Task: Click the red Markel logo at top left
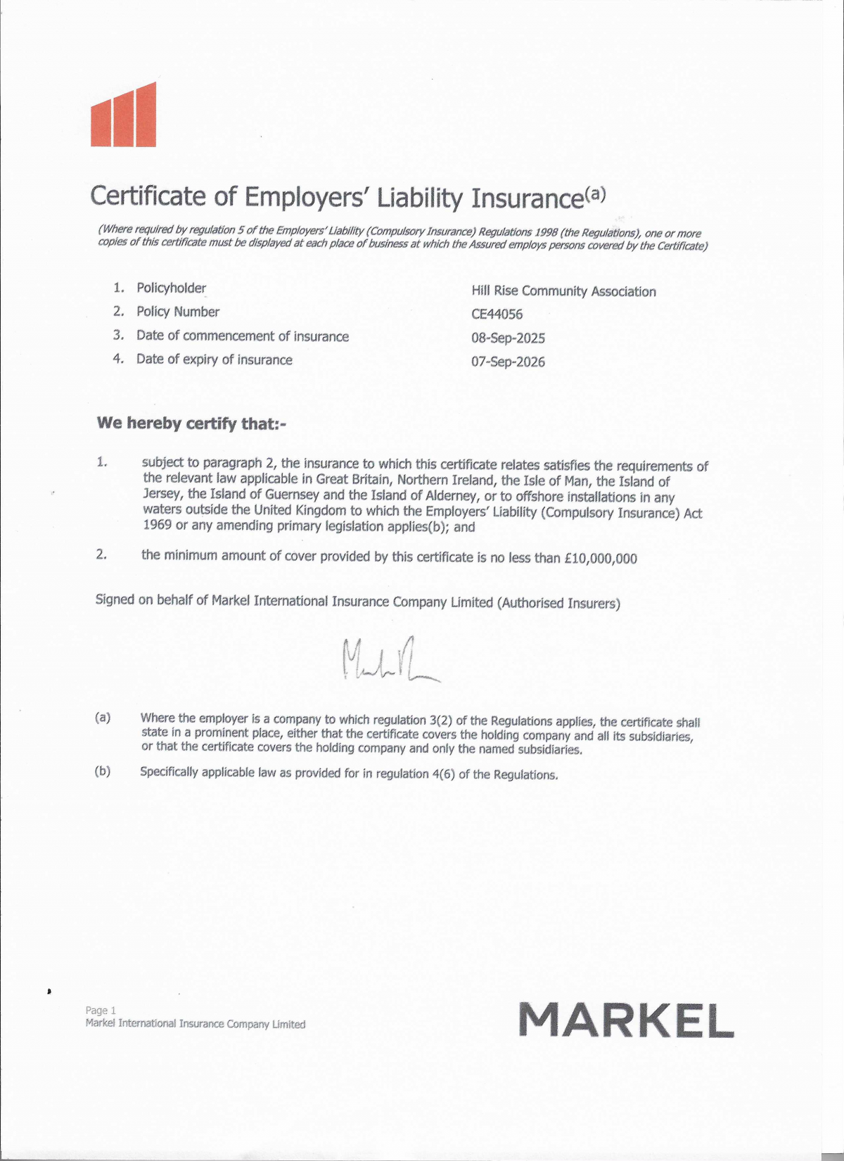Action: (124, 116)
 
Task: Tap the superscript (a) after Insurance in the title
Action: (594, 193)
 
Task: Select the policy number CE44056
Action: (497, 315)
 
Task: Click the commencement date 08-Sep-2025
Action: (508, 338)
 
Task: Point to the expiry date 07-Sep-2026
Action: (508, 362)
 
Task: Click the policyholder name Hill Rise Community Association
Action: (563, 291)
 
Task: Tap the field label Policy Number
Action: (178, 312)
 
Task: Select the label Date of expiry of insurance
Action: (214, 360)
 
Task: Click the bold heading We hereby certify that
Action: (191, 424)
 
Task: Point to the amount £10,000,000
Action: (601, 559)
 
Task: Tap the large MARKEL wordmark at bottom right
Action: (626, 1020)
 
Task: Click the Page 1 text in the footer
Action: (101, 1010)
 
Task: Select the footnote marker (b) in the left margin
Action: (103, 770)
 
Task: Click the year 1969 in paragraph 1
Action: (157, 526)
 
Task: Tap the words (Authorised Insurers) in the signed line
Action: (558, 603)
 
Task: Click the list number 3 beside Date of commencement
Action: (118, 335)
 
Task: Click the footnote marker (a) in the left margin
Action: (103, 718)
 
